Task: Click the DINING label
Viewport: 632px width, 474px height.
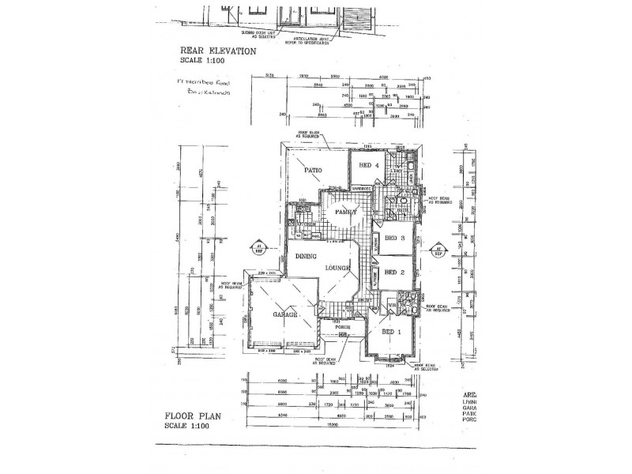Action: [306, 256]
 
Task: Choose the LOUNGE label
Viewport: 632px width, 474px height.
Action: [335, 269]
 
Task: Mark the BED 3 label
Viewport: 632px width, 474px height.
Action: [395, 238]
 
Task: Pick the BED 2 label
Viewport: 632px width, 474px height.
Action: [394, 273]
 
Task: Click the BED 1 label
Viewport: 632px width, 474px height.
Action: [393, 331]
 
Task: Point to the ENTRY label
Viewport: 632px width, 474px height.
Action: [364, 299]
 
